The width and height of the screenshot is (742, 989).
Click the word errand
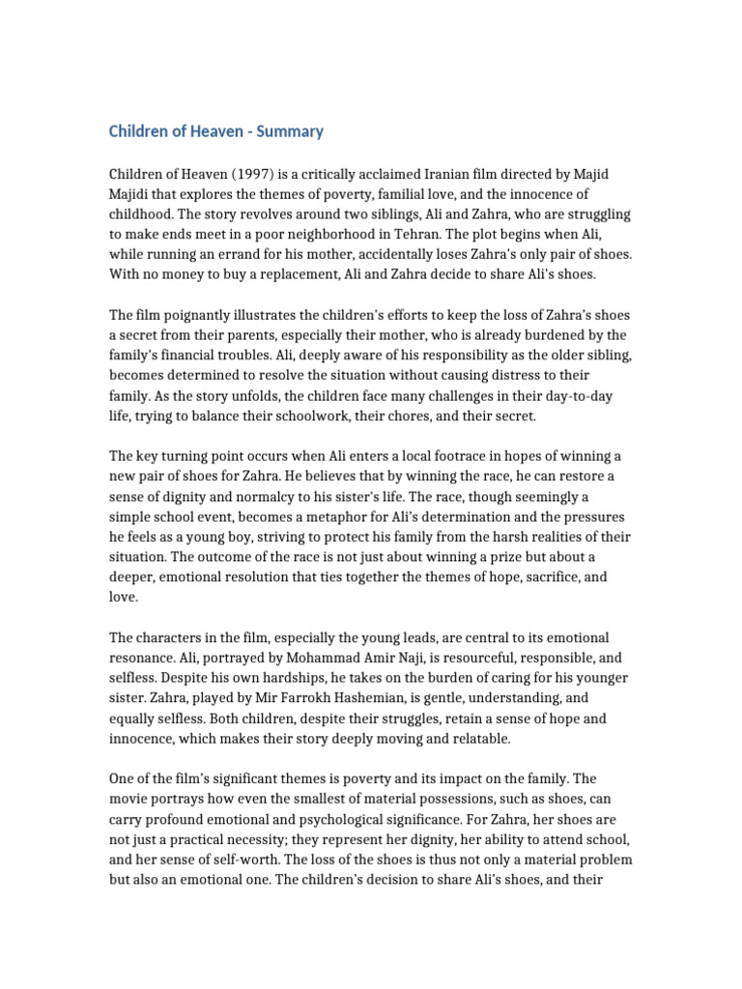click(246, 255)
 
